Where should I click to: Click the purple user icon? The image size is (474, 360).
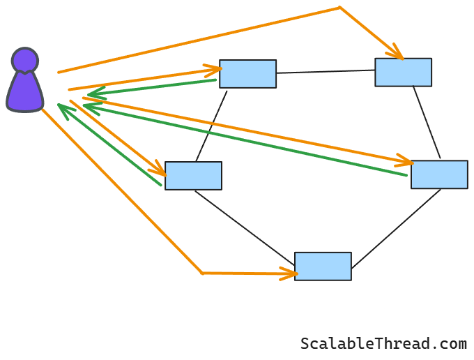click(x=25, y=84)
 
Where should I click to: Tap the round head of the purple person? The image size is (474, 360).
click(x=25, y=61)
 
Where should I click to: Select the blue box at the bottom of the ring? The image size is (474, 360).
click(x=323, y=267)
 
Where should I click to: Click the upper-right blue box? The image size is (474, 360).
click(x=403, y=73)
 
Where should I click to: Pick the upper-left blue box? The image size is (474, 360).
click(x=247, y=74)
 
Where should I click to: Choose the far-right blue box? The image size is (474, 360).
click(x=439, y=174)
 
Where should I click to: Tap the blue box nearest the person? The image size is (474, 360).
click(x=193, y=176)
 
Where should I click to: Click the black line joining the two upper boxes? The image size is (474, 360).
click(x=326, y=71)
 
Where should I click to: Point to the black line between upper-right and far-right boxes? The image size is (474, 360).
click(x=427, y=123)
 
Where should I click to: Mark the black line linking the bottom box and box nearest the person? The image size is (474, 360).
click(x=244, y=227)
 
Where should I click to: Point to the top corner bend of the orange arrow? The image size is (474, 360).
click(x=339, y=8)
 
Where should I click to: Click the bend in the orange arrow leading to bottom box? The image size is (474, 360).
click(x=202, y=273)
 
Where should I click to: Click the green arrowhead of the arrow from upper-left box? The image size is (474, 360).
click(x=92, y=94)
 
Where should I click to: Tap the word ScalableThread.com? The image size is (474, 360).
click(x=383, y=344)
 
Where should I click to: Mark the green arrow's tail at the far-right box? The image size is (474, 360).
click(x=406, y=175)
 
